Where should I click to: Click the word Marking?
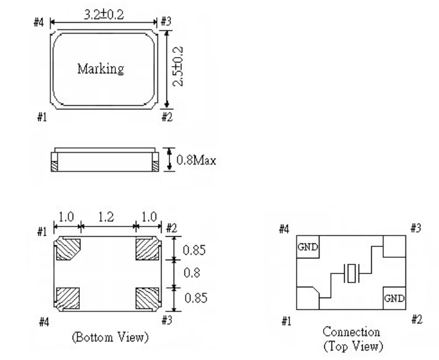(101, 69)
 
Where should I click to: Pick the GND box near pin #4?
(307, 247)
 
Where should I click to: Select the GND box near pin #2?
(394, 297)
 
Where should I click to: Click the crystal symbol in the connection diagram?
(351, 273)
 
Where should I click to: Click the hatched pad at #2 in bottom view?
(148, 249)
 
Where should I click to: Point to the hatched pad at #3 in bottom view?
(148, 298)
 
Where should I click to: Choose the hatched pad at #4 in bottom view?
(67, 298)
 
